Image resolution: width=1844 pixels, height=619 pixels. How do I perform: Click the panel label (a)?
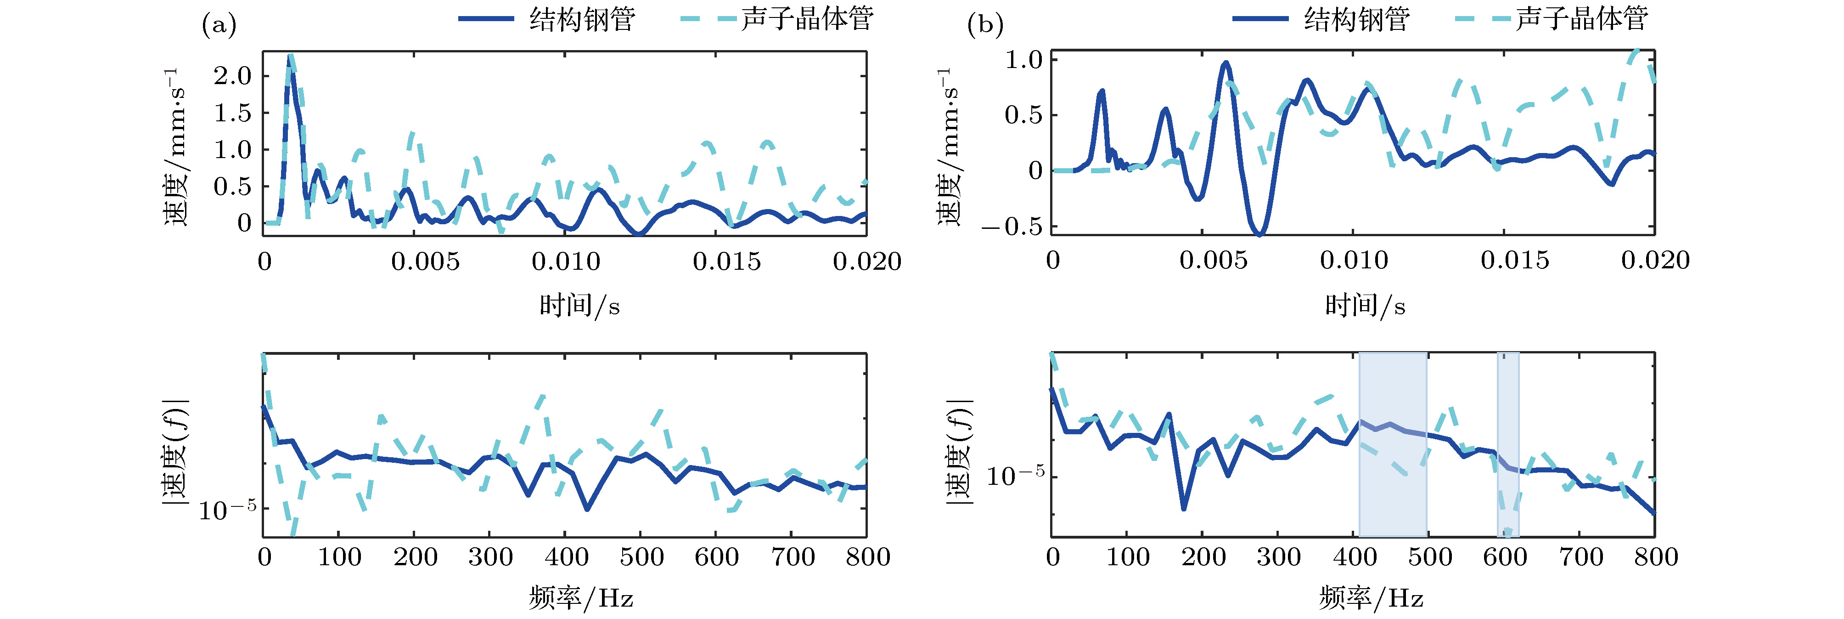click(218, 26)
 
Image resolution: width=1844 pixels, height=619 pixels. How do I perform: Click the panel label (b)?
click(985, 26)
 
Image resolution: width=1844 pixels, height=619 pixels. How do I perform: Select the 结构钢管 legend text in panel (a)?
click(582, 19)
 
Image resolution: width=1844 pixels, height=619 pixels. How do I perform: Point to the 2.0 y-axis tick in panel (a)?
click(233, 75)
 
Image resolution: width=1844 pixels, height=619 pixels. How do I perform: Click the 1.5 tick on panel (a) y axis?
click(233, 113)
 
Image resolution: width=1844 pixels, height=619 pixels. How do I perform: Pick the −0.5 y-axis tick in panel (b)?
click(1012, 227)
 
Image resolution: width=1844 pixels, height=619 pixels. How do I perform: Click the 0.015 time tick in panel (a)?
click(726, 261)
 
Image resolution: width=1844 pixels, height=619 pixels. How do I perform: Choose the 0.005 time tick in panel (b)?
click(1214, 260)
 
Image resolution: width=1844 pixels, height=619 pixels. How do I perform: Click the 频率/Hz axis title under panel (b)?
click(1371, 597)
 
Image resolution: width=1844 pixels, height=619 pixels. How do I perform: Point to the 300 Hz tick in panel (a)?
click(490, 557)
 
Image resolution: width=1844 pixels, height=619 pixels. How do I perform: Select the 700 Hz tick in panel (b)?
click(1580, 557)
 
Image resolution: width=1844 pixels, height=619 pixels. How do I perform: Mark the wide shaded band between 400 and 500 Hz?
click(1392, 444)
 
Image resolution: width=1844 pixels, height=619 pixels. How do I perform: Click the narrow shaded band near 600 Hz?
click(1507, 444)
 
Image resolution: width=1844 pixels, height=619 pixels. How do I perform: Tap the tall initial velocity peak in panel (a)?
click(289, 59)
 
